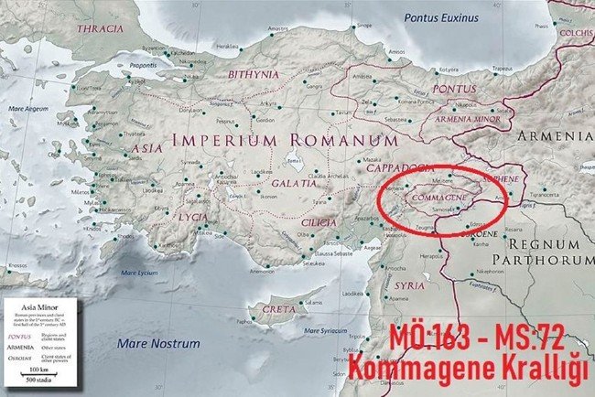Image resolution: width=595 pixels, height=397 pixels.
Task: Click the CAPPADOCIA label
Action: [398, 168]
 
